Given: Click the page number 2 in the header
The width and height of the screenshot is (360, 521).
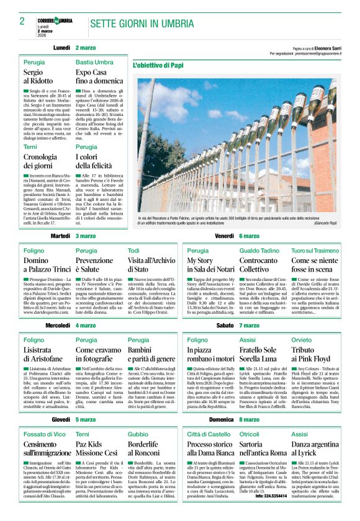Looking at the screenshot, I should (22, 22).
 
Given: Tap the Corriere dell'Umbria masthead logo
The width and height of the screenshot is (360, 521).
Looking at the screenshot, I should (54, 20).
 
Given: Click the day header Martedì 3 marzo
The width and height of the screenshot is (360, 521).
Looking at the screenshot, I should (73, 236).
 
